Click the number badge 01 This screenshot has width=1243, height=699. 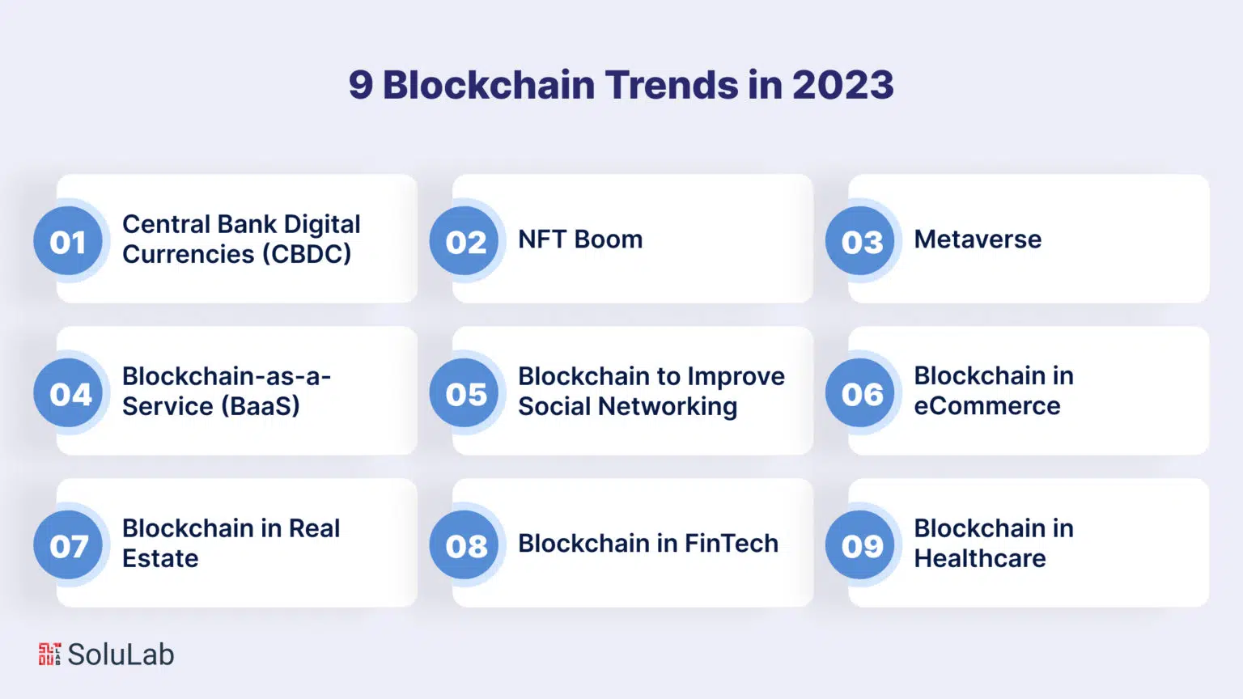pos(68,241)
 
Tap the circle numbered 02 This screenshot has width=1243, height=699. pos(464,241)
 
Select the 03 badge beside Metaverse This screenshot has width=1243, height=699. pos(860,241)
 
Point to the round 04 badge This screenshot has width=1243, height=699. pos(68,392)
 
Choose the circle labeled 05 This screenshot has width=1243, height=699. pos(464,392)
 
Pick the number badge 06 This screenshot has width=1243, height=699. pos(860,392)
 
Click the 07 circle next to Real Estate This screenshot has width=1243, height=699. pos(68,544)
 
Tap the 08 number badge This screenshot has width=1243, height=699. pos(464,544)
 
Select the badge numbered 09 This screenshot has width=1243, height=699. pos(860,544)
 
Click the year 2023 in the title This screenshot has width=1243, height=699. pos(843,85)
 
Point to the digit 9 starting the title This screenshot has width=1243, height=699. pos(361,85)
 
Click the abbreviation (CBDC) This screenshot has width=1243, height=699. pos(307,255)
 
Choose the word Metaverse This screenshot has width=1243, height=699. pos(978,239)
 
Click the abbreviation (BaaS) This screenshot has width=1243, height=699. pos(261,406)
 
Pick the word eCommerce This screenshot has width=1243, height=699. pos(987,406)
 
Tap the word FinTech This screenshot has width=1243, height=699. pos(732,543)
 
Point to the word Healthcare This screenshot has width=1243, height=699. pos(980,558)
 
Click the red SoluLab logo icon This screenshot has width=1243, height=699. pos(50,654)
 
